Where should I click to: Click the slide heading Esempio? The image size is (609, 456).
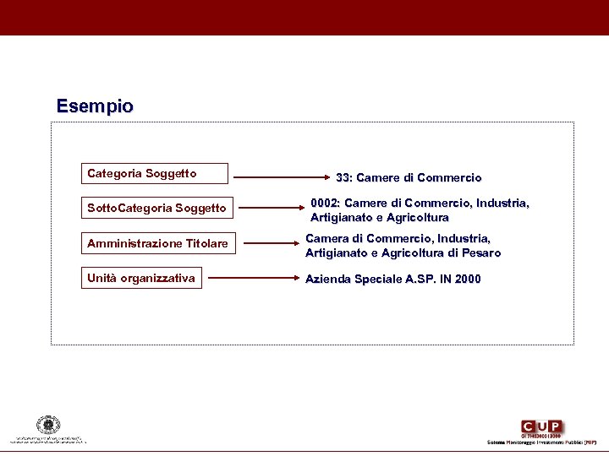95,107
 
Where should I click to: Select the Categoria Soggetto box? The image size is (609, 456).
155,174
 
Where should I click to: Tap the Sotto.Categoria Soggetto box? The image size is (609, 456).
157,208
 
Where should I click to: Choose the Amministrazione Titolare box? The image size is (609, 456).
157,244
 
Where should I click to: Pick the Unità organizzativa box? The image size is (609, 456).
141,278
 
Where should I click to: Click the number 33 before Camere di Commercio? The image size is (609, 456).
343,178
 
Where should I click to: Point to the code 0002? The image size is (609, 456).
325,204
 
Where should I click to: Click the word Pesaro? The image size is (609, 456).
482,253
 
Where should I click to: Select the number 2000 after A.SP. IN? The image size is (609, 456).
467,280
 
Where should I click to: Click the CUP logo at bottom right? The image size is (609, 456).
542,427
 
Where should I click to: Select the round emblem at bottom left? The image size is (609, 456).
48,425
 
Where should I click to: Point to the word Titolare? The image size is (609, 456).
206,244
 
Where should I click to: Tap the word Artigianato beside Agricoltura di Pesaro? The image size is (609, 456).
337,253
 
